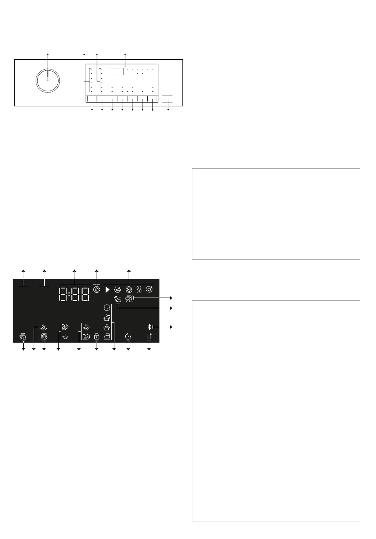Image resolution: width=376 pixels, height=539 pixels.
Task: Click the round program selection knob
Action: (48, 80)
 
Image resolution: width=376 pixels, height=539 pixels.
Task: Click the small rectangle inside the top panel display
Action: (116, 72)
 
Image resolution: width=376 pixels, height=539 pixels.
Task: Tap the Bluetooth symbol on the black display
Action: (149, 327)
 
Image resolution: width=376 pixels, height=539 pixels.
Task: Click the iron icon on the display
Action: (107, 336)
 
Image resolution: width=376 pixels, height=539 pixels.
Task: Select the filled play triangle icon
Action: (108, 290)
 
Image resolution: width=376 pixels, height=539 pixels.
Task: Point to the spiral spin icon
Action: (129, 290)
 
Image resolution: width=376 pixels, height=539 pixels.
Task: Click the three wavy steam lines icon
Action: (139, 290)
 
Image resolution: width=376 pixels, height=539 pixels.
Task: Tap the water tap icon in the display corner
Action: (23, 336)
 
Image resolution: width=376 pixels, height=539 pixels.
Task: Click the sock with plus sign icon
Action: (118, 300)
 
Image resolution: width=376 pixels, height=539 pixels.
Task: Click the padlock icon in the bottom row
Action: (97, 336)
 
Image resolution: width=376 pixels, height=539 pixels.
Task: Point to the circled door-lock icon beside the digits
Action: (97, 290)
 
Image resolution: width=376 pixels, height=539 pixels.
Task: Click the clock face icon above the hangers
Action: (107, 307)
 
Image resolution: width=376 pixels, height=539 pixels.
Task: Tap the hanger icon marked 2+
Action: (107, 318)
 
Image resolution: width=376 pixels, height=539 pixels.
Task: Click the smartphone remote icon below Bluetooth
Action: (150, 336)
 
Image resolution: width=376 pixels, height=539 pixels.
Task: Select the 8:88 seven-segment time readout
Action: (74, 294)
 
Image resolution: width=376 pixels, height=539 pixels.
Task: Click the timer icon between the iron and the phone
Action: (128, 336)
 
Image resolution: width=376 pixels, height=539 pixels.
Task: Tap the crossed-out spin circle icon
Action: (44, 336)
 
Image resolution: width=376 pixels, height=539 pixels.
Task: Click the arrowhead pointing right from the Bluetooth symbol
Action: (171, 327)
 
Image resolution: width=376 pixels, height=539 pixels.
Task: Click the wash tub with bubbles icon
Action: (118, 290)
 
